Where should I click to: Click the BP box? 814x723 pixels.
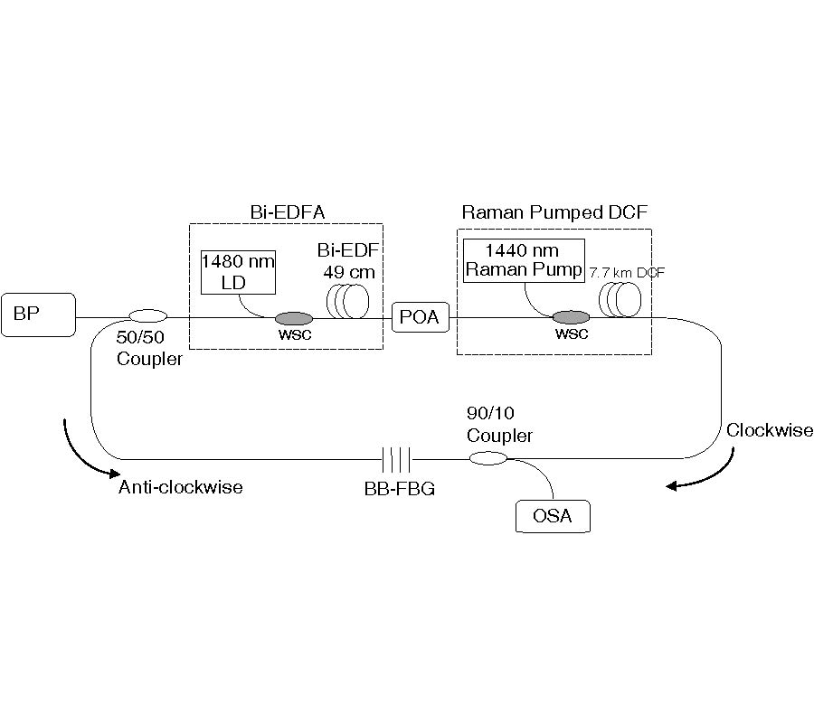point(38,315)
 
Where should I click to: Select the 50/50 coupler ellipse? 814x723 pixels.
point(148,316)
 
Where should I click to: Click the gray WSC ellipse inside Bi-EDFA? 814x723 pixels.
point(293,318)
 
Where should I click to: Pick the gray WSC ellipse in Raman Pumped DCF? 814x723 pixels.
point(570,317)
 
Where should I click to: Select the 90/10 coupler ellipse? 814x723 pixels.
point(487,459)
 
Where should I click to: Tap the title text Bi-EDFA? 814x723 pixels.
point(287,213)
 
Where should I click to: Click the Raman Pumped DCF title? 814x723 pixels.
point(554,213)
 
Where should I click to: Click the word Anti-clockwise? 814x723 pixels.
point(181,488)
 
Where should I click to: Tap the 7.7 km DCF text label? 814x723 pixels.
point(627,271)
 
